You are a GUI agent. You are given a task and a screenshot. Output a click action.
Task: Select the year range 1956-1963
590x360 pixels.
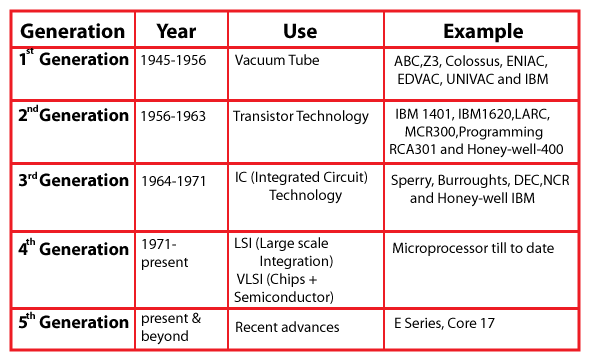click(x=173, y=117)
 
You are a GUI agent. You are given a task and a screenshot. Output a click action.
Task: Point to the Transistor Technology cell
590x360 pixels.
click(x=301, y=117)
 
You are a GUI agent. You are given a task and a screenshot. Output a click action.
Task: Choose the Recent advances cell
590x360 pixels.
click(x=288, y=327)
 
